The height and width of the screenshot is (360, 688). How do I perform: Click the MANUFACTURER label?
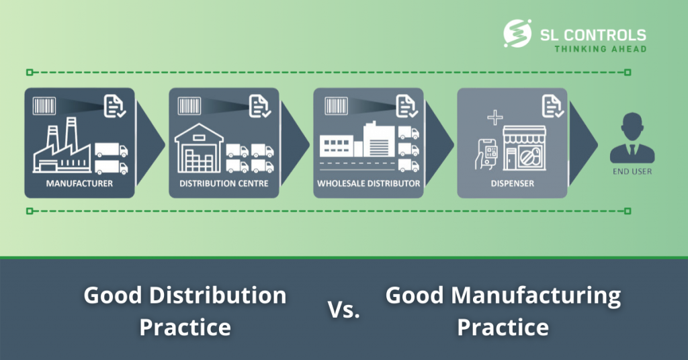click(x=79, y=183)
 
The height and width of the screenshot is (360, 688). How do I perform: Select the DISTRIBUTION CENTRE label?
click(x=224, y=183)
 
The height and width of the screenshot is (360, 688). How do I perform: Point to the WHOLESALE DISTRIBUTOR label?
click(x=369, y=183)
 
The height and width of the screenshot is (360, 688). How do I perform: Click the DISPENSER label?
click(x=513, y=183)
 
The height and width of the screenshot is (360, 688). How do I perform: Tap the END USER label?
click(x=632, y=171)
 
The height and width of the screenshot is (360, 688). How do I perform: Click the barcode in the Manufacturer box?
click(x=44, y=106)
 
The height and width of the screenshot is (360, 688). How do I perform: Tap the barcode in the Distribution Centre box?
click(x=189, y=106)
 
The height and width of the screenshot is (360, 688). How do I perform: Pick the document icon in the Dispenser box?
click(x=552, y=106)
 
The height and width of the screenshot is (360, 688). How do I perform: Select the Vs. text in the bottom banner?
click(x=344, y=310)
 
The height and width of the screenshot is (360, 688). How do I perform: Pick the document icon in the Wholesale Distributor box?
click(x=405, y=106)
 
